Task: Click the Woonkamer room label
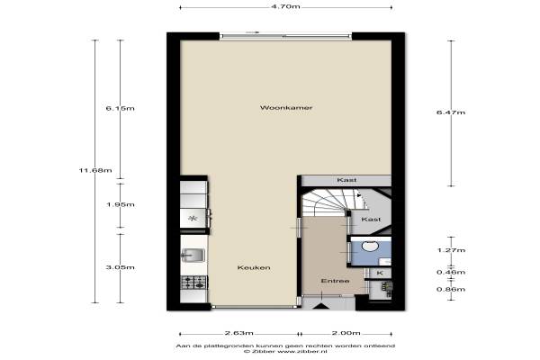coord(286,108)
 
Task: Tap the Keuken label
coord(254,267)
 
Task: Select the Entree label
coord(335,281)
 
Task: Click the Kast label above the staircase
coord(346,180)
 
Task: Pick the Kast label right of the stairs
coord(371,219)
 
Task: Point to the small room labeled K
coord(380,274)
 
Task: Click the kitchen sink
coord(193,256)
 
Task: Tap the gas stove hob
coord(193,283)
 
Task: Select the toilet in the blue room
coord(370,246)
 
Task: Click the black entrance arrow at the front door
coord(320,306)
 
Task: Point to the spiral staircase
coord(330,202)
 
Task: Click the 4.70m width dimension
coord(285,6)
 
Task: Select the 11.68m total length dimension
coord(95,170)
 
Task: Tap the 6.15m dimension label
coord(121,108)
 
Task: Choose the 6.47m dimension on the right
coord(451,112)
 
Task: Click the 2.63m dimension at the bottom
coord(238,333)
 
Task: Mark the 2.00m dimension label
coord(346,333)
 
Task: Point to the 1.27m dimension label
coord(451,250)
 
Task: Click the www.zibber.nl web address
coord(302,352)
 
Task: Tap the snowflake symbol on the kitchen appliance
coord(193,218)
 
